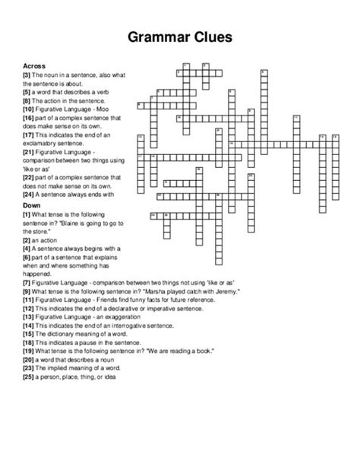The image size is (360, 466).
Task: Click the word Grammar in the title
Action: pyautogui.click(x=152, y=36)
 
